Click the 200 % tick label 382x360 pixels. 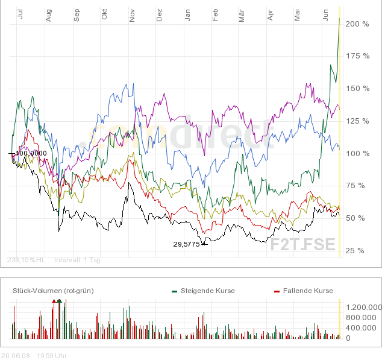[357, 24]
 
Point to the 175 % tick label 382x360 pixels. [357, 56]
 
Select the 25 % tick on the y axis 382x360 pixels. [355, 250]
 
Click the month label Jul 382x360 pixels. [20, 16]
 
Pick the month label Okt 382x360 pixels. [104, 16]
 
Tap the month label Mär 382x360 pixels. [242, 16]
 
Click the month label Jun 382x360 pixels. [325, 16]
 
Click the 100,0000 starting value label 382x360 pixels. [31, 153]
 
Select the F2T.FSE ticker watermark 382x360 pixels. [303, 245]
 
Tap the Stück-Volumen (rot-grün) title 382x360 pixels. [53, 291]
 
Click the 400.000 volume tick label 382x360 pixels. [363, 327]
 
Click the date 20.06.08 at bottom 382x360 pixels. [16, 355]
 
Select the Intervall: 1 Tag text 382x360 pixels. [78, 260]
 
